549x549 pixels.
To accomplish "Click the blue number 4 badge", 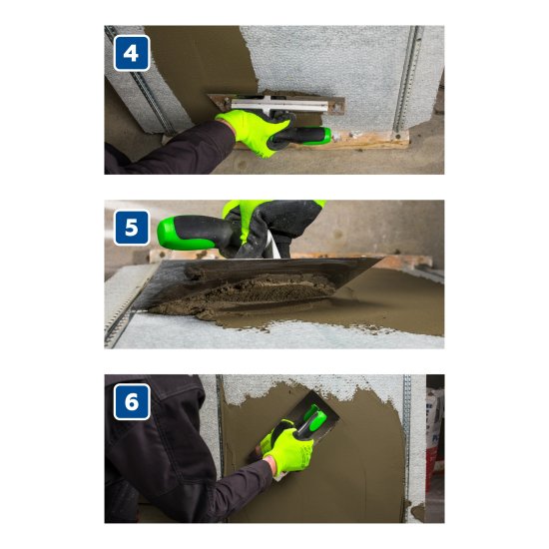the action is [132, 53].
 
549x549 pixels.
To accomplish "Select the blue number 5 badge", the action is [132, 228].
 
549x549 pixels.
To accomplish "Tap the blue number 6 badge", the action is [132, 401].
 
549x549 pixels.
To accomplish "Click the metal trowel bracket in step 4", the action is [276, 104].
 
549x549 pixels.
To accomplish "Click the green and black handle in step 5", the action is [196, 233].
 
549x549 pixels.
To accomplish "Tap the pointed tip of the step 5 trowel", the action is [382, 259].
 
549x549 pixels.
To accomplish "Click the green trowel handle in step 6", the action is [311, 420].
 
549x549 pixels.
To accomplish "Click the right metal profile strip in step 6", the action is [407, 448].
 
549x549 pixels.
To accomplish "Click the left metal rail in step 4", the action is [140, 81].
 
